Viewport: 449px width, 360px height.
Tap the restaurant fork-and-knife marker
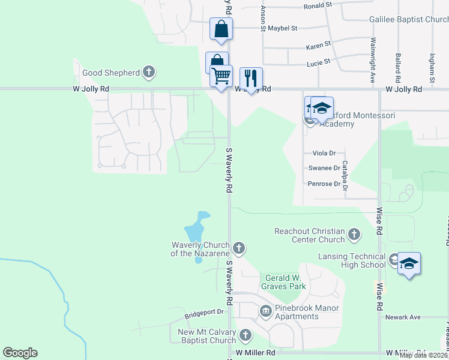pos(251,77)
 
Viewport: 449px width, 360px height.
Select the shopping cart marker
pos(221,76)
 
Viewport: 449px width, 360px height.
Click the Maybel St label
pos(282,28)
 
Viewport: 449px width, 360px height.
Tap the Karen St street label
pos(318,46)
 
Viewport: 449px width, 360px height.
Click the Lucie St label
pos(319,62)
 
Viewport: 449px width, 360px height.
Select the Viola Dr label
pos(324,154)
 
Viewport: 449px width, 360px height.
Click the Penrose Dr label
pos(324,184)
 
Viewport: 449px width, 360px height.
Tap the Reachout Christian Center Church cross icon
pos(354,235)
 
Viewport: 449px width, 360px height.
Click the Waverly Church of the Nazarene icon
pos(239,248)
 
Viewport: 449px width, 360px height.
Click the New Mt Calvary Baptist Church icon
pos(245,335)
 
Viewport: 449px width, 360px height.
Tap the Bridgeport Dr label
pos(203,313)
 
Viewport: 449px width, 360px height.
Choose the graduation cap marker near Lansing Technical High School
pos(409,263)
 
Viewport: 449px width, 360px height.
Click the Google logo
pos(20,353)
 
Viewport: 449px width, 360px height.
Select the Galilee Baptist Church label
pos(409,20)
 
